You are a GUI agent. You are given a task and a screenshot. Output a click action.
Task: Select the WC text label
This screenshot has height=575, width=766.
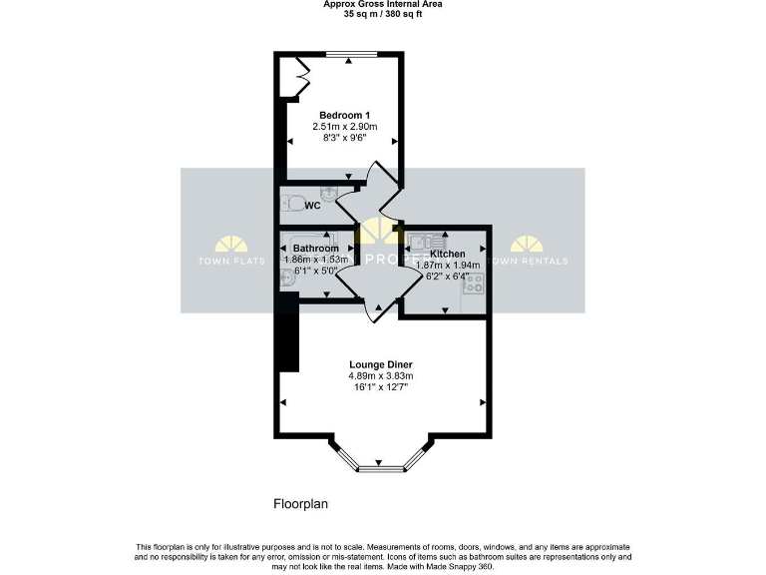coord(312,207)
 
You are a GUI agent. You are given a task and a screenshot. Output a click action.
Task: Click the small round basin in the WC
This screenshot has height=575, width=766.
coord(329,191)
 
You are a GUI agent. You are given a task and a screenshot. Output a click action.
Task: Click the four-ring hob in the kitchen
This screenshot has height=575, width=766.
coord(473,282)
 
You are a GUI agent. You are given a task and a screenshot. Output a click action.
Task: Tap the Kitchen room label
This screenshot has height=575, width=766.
coord(448,254)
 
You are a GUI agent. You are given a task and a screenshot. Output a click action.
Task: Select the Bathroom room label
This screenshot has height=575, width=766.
coord(315,248)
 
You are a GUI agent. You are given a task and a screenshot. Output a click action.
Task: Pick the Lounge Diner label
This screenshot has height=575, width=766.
coord(380,364)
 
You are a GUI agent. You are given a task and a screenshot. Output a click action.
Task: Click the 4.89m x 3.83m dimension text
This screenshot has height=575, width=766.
coord(380,375)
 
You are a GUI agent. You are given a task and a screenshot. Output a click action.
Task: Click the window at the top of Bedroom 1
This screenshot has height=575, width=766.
coord(348,55)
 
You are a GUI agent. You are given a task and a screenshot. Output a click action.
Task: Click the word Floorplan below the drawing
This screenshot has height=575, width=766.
coord(301,504)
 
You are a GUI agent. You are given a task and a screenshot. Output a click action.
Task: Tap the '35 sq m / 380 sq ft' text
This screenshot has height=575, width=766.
coord(383,14)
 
